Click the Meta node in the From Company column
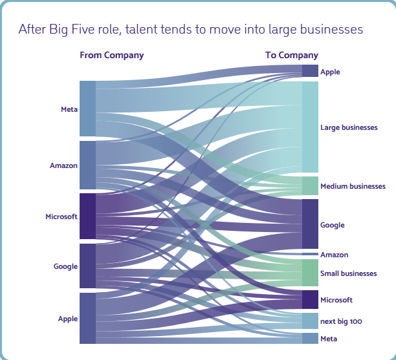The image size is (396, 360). tap(87, 109)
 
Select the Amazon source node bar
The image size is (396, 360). tap(87, 165)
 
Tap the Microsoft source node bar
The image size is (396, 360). tap(87, 217)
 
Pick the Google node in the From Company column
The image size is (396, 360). tap(87, 266)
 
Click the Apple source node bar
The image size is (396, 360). tap(87, 318)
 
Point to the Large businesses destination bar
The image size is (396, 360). tap(310, 127)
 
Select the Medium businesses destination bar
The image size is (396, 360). tap(310, 186)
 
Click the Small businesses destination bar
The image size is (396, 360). tap(310, 273)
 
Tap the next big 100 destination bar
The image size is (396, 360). tap(310, 321)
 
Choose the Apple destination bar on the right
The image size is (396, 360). tap(310, 71)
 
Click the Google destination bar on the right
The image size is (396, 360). tap(310, 224)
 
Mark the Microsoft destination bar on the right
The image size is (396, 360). tap(310, 299)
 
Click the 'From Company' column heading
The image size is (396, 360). tap(111, 55)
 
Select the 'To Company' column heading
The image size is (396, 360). tap(291, 55)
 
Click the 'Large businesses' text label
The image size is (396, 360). tap(349, 127)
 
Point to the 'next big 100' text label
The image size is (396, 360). tap(342, 321)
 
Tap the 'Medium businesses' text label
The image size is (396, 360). tap(353, 186)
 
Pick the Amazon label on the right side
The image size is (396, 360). tap(334, 255)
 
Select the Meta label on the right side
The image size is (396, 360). tap(329, 339)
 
